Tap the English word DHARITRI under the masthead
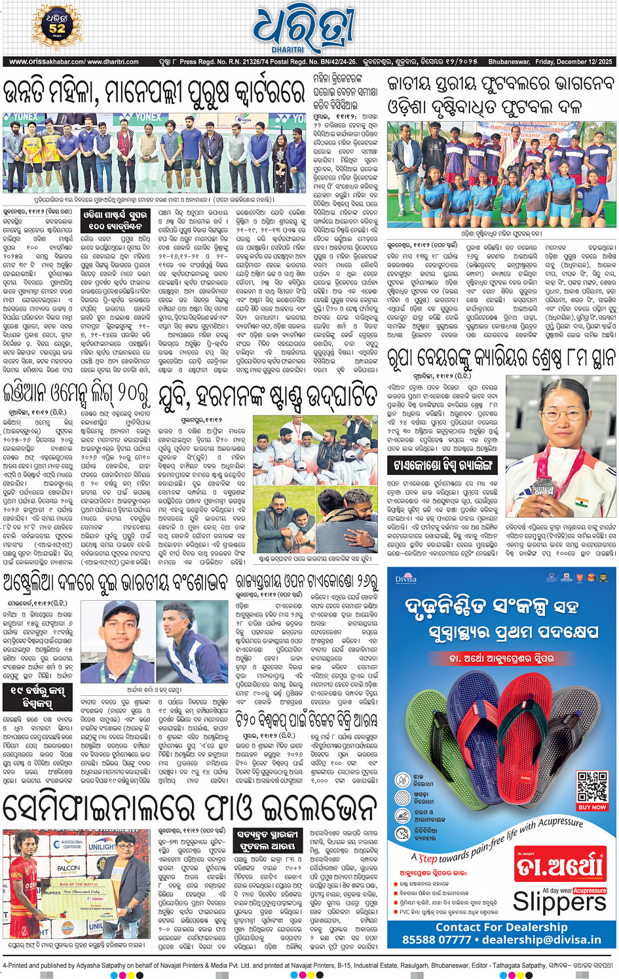pos(288,50)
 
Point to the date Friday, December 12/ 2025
pos(573,62)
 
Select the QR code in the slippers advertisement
pos(592,786)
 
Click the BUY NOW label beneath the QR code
pos(592,807)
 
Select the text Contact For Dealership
pos(502,927)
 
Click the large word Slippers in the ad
pos(560,902)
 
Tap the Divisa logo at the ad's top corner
pos(405,579)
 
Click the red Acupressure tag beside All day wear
pos(590,891)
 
